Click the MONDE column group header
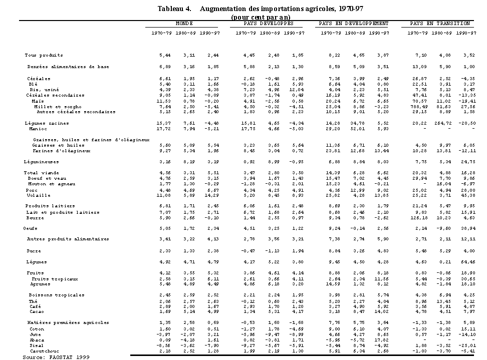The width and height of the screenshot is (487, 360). point(184,24)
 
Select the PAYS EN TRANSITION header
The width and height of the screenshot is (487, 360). point(440,24)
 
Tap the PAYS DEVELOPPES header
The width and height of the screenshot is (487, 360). point(269,24)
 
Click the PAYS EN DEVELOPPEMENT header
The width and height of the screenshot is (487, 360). point(354,24)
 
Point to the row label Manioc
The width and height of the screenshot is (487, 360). point(38,129)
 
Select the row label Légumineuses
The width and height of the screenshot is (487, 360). point(41,162)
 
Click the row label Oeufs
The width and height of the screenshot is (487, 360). point(31,228)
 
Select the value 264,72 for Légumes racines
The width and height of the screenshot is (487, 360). point(443,123)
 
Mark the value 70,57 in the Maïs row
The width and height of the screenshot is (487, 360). point(418,101)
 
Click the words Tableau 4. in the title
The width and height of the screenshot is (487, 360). point(174,9)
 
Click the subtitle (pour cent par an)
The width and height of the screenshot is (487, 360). point(261,17)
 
